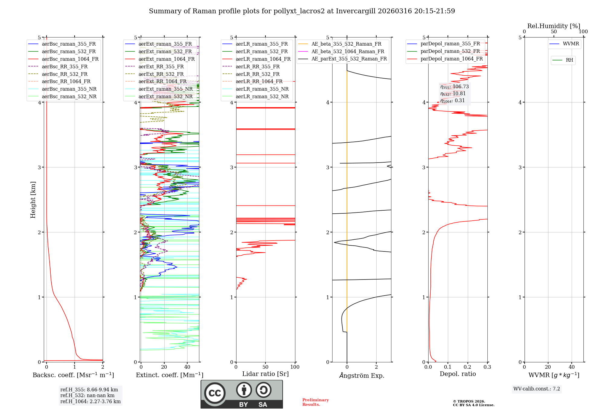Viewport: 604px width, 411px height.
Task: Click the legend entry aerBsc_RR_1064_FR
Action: [x=66, y=82]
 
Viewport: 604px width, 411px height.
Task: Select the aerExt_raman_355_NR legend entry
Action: [x=165, y=89]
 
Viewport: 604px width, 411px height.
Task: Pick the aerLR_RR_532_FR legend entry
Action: [x=257, y=74]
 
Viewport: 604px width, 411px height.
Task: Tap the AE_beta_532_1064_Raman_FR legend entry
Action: [x=348, y=52]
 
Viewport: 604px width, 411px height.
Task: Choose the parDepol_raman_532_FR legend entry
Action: [x=450, y=51]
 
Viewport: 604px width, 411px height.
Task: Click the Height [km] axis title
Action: [x=33, y=200]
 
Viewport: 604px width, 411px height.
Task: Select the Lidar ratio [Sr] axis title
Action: [x=265, y=374]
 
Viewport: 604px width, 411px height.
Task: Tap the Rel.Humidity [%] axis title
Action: [x=554, y=26]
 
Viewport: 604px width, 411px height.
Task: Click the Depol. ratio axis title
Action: [x=458, y=374]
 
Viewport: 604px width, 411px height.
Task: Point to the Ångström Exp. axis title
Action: [x=361, y=375]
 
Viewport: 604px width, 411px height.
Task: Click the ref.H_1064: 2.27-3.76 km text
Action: [x=90, y=402]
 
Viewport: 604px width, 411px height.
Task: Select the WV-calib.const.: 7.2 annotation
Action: [x=536, y=389]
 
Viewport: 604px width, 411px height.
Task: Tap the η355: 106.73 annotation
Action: [x=454, y=87]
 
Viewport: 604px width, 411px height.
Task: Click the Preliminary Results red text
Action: [x=315, y=402]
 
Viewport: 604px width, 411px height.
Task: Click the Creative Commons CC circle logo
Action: [x=215, y=393]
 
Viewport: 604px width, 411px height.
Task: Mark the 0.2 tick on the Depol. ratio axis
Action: [x=467, y=367]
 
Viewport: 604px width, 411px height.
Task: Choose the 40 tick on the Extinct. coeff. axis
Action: [x=187, y=367]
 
